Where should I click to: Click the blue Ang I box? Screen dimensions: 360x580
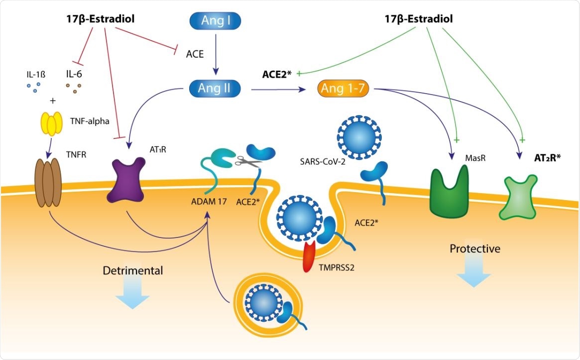point(216,21)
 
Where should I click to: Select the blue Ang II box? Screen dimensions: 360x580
point(216,89)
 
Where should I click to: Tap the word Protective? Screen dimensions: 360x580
point(474,248)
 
